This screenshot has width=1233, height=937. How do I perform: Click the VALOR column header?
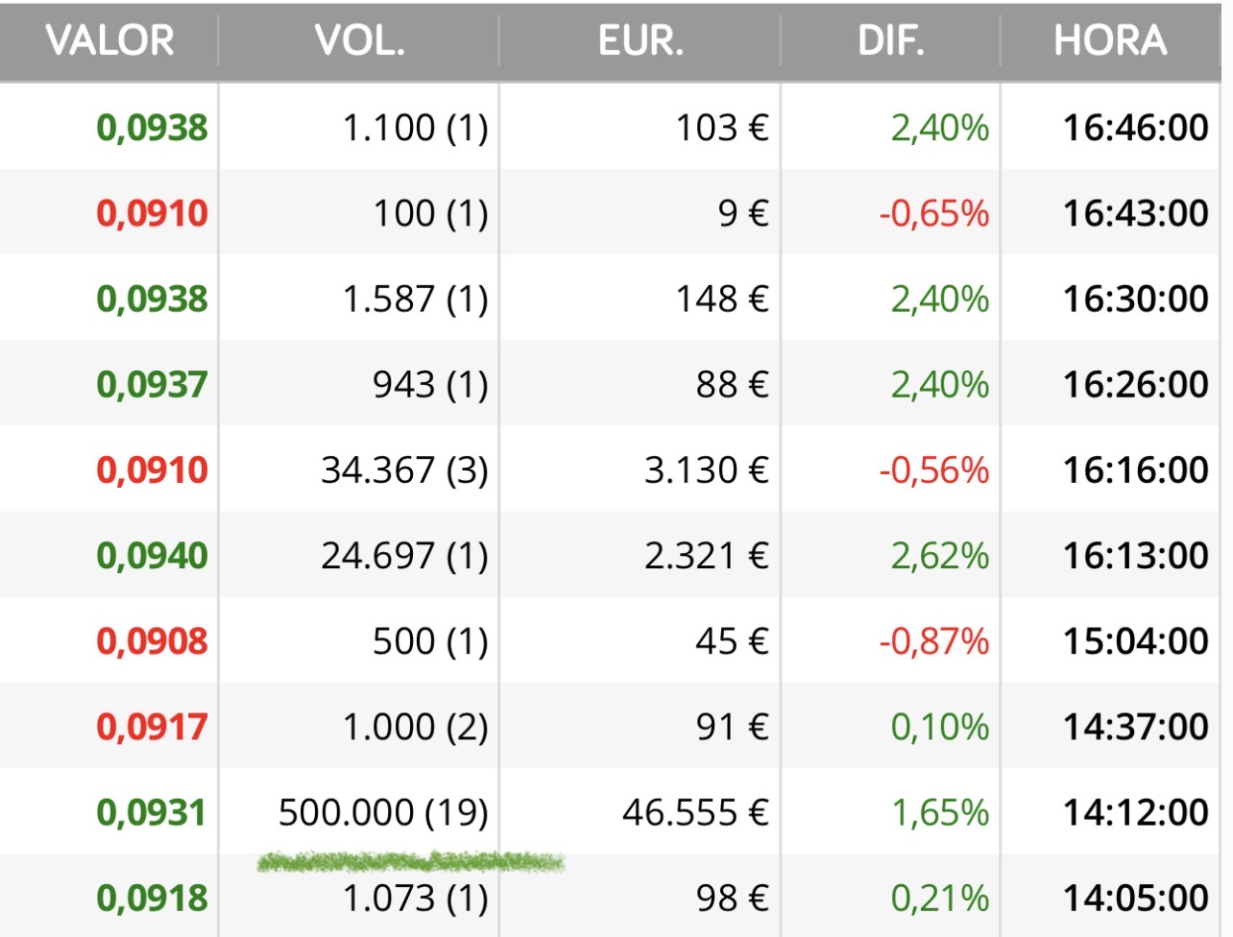tap(109, 41)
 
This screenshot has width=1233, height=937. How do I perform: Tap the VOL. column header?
tap(359, 41)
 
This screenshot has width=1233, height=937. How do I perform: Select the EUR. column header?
tap(641, 41)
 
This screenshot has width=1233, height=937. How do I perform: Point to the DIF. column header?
tap(890, 41)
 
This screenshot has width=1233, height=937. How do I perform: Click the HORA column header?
tap(1110, 41)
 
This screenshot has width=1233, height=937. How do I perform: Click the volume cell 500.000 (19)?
tap(383, 813)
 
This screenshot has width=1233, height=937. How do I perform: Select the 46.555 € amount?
tap(695, 813)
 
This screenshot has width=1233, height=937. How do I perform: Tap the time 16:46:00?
tap(1135, 128)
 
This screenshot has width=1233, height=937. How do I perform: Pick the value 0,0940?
tap(152, 556)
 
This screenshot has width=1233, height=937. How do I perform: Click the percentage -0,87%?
tap(933, 641)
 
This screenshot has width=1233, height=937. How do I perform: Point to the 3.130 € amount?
tap(706, 470)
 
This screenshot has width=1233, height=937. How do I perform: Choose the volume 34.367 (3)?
tap(404, 470)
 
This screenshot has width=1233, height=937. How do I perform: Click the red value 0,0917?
tap(152, 727)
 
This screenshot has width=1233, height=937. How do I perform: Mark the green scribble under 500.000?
tap(411, 862)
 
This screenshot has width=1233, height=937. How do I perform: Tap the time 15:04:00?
tap(1135, 641)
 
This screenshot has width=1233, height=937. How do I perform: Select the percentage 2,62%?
tap(939, 556)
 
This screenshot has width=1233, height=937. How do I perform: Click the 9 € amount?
tap(743, 213)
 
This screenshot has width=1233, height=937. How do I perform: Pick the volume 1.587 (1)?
tap(415, 300)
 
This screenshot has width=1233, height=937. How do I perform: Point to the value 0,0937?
tap(152, 385)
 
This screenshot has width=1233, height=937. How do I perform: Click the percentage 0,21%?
tap(939, 899)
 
